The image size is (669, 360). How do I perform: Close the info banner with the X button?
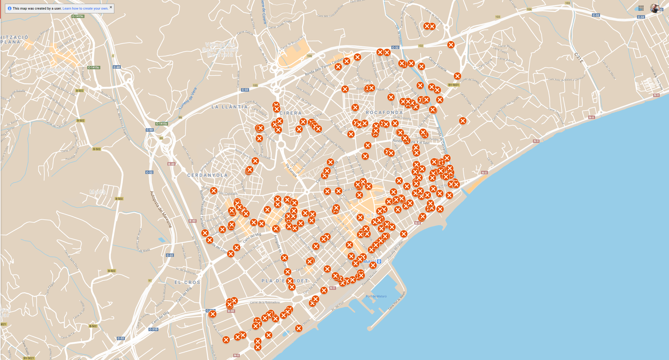tap(111, 7)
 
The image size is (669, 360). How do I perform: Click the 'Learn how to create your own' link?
tap(85, 9)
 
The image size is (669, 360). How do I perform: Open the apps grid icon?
tap(641, 8)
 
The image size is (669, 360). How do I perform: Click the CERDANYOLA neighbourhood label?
tap(207, 175)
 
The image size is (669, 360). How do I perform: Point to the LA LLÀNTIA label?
tap(230, 107)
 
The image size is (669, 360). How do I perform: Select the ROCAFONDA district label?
tap(384, 112)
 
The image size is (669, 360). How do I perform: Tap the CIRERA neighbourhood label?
tap(290, 113)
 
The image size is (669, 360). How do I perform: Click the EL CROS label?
tap(187, 283)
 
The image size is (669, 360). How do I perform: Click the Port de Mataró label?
tap(376, 296)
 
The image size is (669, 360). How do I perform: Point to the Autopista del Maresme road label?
tap(161, 209)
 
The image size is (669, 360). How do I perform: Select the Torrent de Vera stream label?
tap(188, 98)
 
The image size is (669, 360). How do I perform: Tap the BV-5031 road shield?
tap(453, 85)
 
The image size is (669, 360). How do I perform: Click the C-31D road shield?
tap(153, 329)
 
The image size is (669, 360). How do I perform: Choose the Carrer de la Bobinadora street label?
tap(265, 302)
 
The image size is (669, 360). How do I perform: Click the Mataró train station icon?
tap(379, 262)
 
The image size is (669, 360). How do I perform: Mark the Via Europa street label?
tap(291, 170)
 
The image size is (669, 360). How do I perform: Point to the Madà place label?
tap(98, 192)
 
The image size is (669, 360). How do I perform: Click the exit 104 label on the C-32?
tap(529, 9)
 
